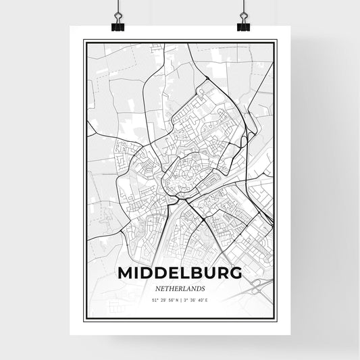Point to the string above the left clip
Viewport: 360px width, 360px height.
click(x=118, y=7)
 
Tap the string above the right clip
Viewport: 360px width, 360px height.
click(x=242, y=7)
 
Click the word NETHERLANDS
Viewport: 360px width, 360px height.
click(x=180, y=287)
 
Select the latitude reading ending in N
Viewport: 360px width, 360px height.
click(x=161, y=299)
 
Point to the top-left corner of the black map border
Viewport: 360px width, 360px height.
click(x=84, y=41)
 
